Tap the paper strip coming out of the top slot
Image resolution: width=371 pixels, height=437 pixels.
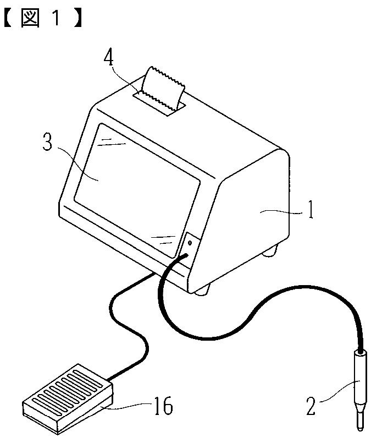click(163, 90)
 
